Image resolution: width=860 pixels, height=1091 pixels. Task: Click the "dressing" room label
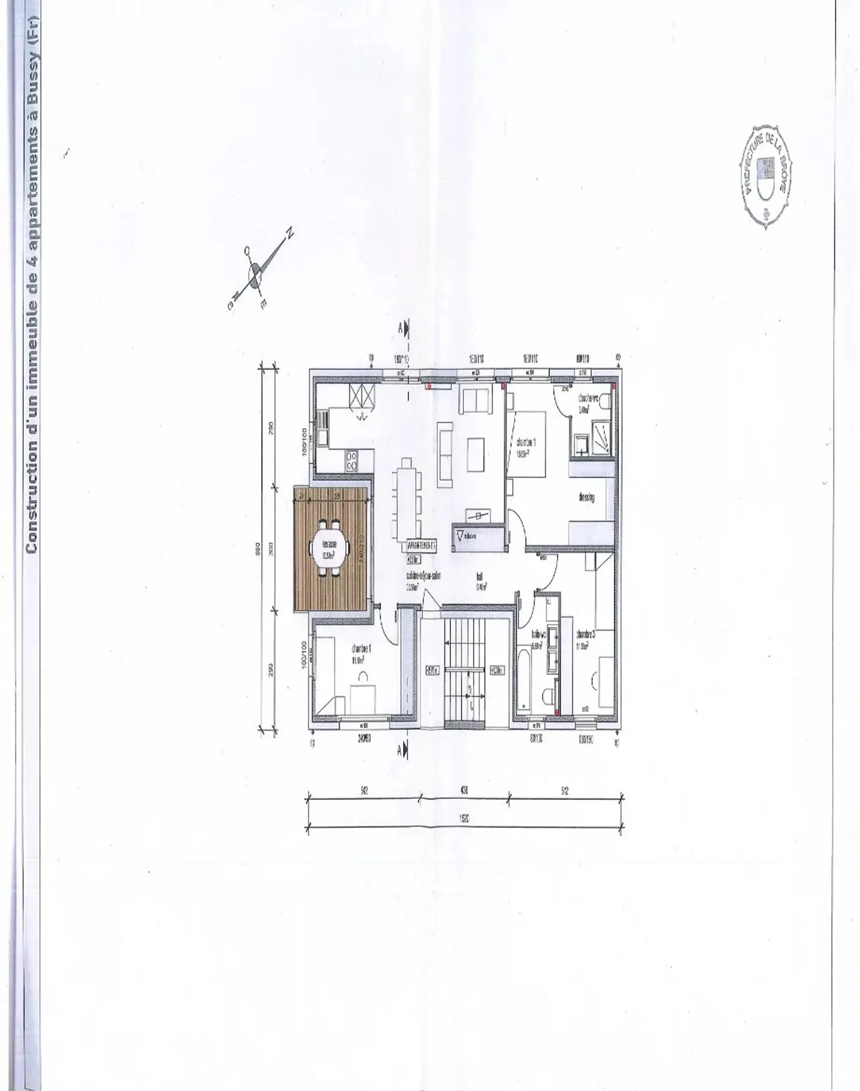pyautogui.click(x=586, y=497)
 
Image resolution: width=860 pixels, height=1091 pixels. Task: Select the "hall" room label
pyautogui.click(x=480, y=577)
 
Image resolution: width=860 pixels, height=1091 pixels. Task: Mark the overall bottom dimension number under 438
pyautogui.click(x=463, y=820)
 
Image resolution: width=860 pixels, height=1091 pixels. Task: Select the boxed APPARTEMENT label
pyautogui.click(x=422, y=545)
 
